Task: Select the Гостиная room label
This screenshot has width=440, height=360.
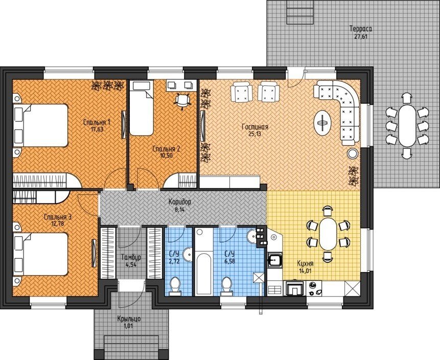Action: coord(255,127)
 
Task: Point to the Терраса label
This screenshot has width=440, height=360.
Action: coord(361,29)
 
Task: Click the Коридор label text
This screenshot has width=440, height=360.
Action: coord(179,201)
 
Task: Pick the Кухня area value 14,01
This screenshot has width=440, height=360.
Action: coord(305,271)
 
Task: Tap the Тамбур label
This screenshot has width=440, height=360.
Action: coord(131,257)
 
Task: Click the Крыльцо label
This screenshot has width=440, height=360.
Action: coord(129,319)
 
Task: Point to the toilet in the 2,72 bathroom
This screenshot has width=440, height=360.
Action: coord(175,286)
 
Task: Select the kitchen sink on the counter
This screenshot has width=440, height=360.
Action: coord(275,259)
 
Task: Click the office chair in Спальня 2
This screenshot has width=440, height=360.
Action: coord(182,101)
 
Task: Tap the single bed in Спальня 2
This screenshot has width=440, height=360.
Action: coord(142,108)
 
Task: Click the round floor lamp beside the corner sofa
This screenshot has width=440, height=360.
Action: coord(352,153)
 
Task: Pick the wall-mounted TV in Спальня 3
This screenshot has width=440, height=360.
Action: coord(93,253)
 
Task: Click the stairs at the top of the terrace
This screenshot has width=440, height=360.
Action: coord(300,12)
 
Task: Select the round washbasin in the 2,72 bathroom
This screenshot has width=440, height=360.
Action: coord(188,255)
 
